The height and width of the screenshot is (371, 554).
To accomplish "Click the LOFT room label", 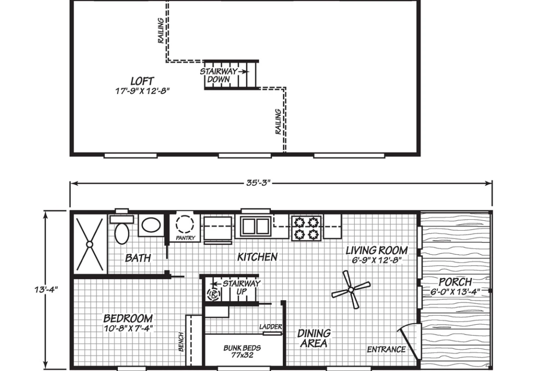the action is coord(142,81).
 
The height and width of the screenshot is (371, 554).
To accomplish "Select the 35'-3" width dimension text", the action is coord(258,183).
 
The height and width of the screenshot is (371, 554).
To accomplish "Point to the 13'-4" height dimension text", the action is coord(46,290).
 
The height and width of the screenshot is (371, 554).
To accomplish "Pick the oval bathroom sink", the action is coord(151,224).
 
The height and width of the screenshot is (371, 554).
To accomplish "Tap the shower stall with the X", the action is coord(90,244).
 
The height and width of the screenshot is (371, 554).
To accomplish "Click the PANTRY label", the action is coord(186,238).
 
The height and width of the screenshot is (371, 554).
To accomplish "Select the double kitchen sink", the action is coord(255,226).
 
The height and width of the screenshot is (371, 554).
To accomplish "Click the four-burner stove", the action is coord(306,228).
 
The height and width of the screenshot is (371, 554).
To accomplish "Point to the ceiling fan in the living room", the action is coord(351,290).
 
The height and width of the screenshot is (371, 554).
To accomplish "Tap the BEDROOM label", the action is coord(128,319).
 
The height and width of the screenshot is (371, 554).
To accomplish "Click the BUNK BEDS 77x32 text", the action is coord(242,351).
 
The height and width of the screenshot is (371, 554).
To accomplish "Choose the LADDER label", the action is coord(271,327).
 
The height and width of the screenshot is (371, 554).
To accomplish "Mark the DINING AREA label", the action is coord(314,338).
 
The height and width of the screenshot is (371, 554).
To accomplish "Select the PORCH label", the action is coord(455,282).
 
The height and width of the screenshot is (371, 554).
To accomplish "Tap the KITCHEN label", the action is coord(257,257).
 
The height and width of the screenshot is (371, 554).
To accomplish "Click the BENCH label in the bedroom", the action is coord(181,342).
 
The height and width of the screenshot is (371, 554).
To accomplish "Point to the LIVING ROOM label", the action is coord(376,250).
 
